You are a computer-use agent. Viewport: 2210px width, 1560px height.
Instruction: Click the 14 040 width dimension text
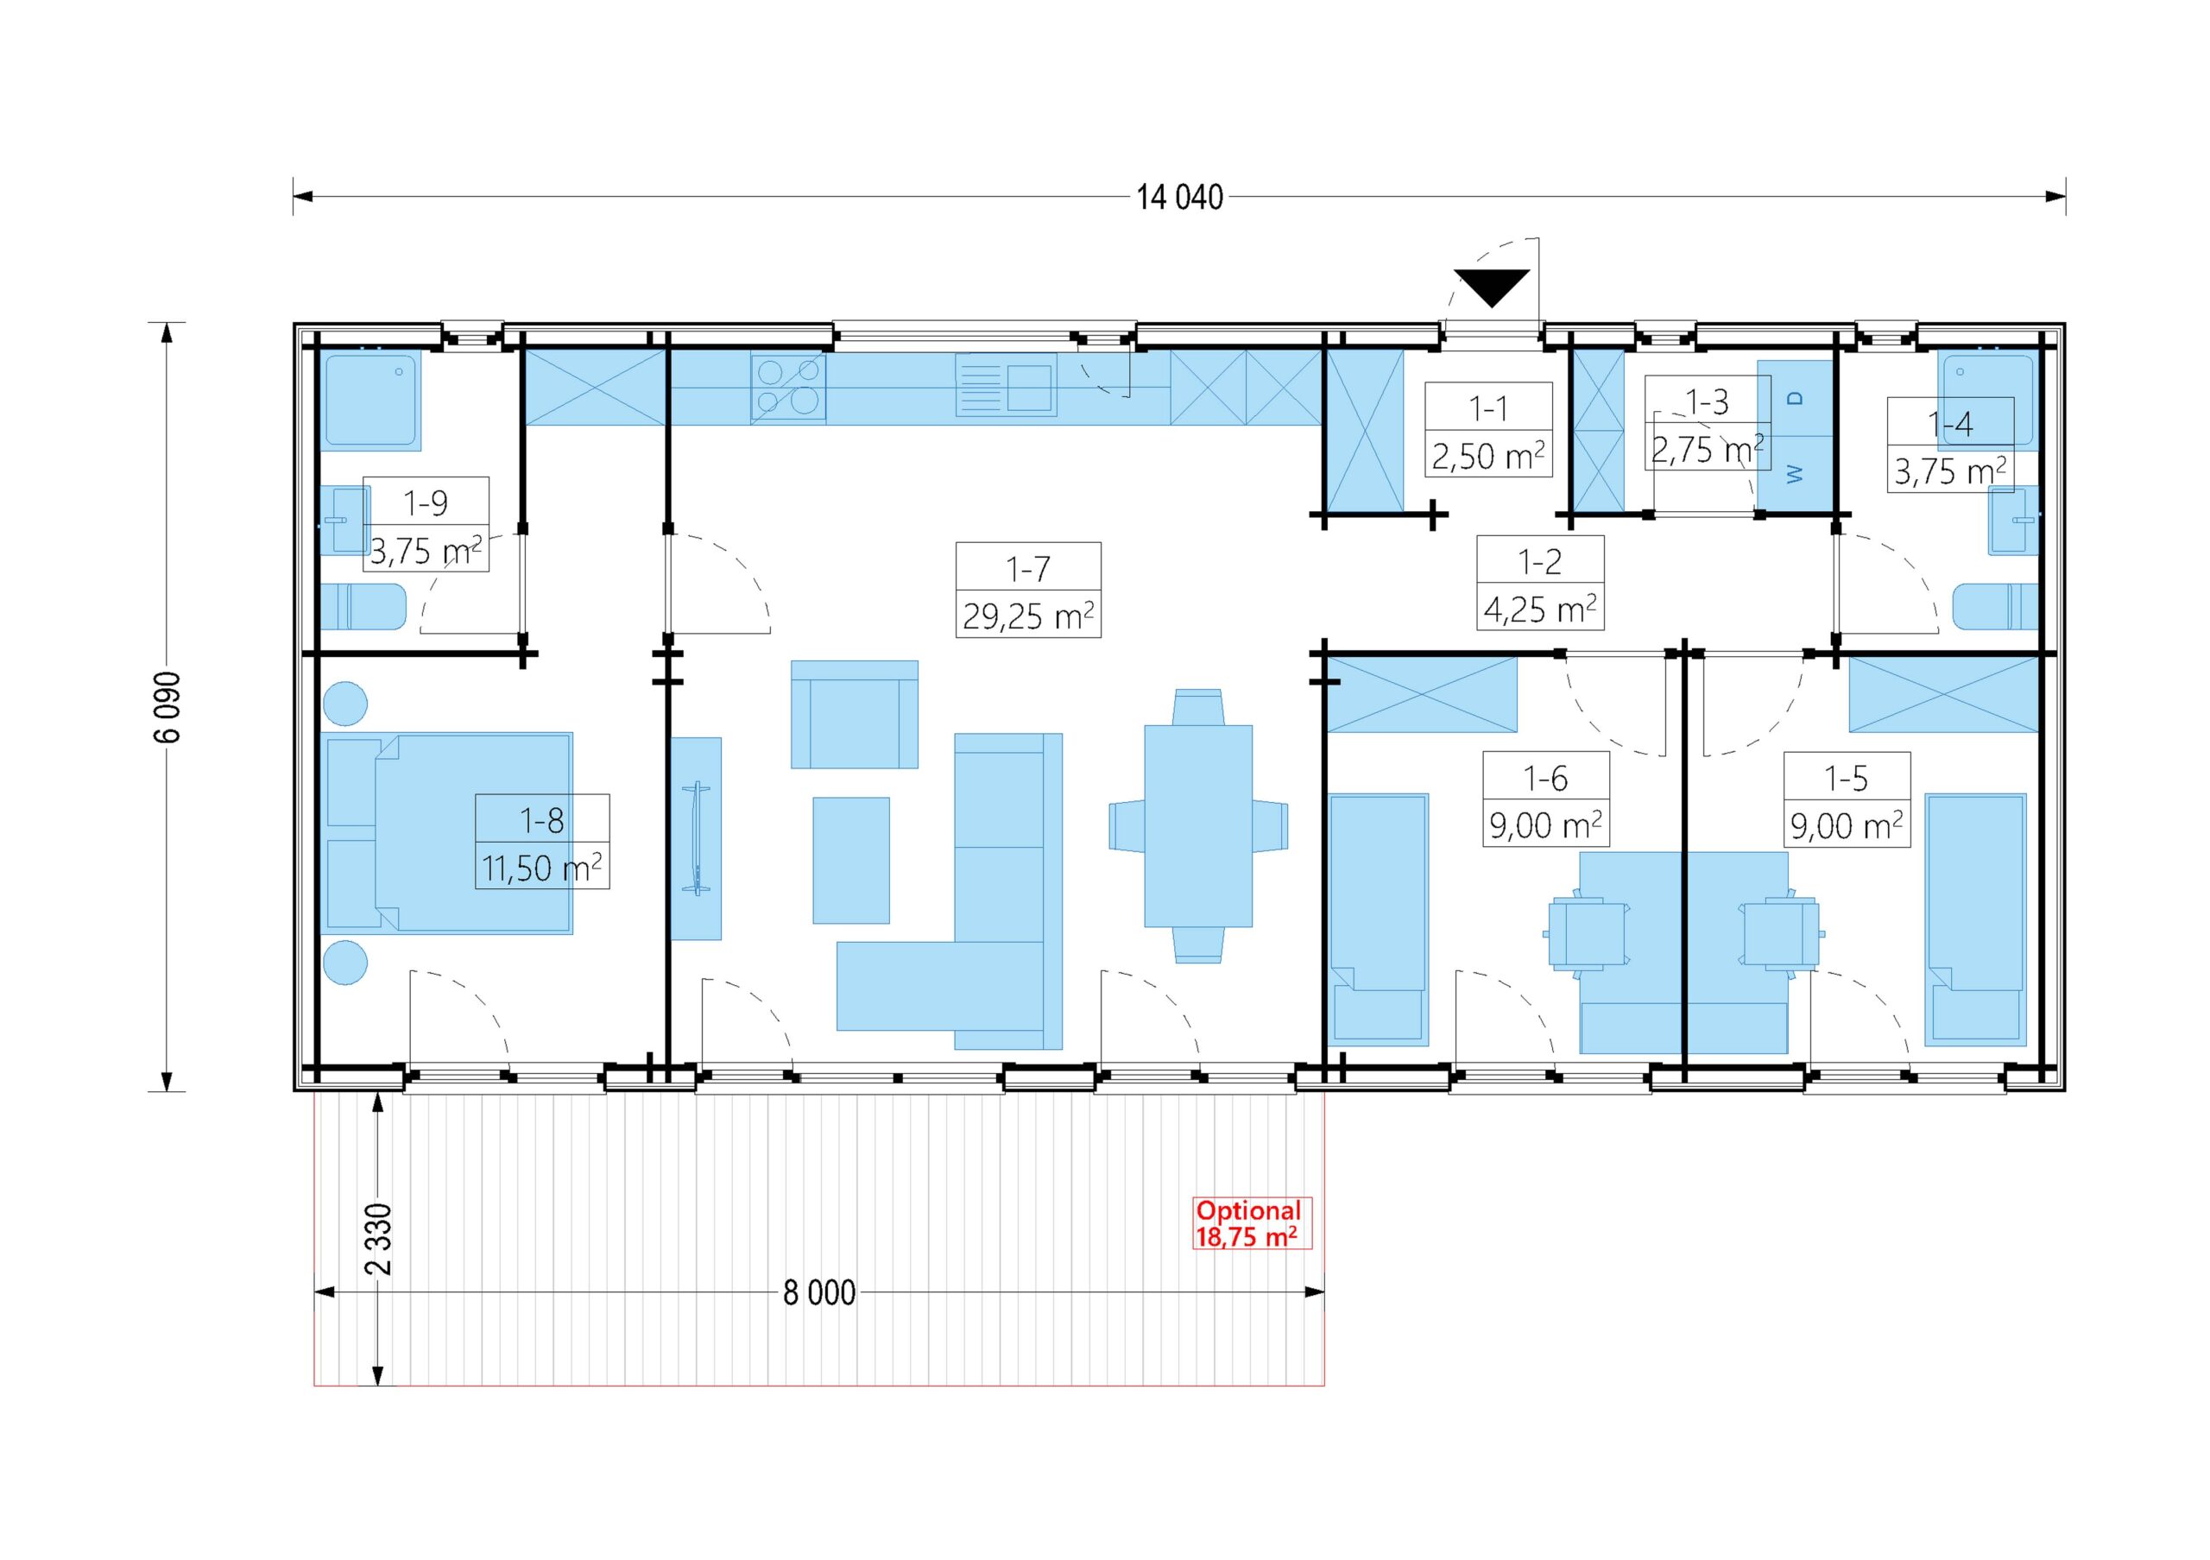[x=1179, y=198]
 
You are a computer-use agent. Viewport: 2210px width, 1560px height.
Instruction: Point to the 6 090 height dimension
[x=167, y=706]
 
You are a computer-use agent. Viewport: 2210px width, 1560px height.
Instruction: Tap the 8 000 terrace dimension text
[x=819, y=1292]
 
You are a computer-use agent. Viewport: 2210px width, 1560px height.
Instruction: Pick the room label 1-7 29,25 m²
[x=1028, y=590]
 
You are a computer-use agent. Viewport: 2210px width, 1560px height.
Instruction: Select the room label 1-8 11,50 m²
[x=542, y=841]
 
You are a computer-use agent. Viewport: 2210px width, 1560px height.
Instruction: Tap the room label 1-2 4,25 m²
[x=1540, y=584]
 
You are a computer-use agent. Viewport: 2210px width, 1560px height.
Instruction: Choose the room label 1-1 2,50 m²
[x=1488, y=429]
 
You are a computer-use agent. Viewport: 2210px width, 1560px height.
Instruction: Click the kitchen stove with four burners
[x=788, y=387]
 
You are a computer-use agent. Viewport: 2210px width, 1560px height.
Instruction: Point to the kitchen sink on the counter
[x=1006, y=385]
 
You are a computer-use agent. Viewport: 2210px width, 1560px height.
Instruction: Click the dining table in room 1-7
[x=1198, y=825]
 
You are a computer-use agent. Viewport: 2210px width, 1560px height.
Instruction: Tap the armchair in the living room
[x=855, y=714]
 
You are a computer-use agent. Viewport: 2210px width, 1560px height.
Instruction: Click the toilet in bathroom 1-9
[x=363, y=606]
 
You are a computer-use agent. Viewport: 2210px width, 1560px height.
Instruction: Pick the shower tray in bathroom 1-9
[x=370, y=401]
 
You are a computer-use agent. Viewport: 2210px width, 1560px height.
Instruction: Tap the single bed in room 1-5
[x=1975, y=920]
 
